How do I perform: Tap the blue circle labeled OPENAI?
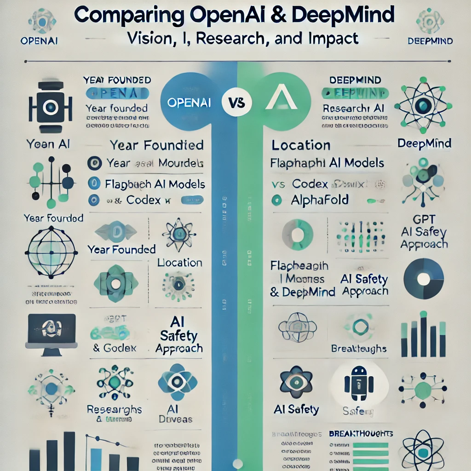point(189,102)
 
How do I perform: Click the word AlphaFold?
point(320,200)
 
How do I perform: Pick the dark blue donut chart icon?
point(423,278)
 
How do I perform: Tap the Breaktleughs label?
point(358,349)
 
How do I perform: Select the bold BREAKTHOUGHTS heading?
point(361,433)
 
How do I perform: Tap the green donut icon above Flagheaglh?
point(297,235)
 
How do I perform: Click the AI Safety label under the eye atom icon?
point(296,409)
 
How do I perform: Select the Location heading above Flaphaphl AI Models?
point(301,145)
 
